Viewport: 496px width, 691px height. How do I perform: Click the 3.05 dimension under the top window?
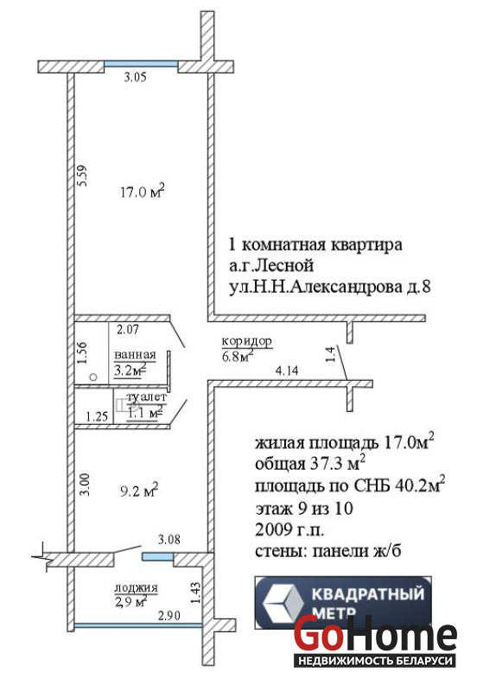pyautogui.click(x=135, y=78)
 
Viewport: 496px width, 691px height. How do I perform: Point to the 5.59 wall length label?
pyautogui.click(x=82, y=175)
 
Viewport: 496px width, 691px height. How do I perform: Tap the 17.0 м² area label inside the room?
pyautogui.click(x=143, y=191)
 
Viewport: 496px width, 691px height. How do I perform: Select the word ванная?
pyautogui.click(x=136, y=354)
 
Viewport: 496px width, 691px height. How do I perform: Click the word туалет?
pyautogui.click(x=147, y=397)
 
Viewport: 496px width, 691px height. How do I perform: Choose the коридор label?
pyautogui.click(x=246, y=340)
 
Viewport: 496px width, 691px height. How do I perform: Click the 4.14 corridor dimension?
pyautogui.click(x=287, y=371)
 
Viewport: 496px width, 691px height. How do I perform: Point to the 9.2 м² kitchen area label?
pyautogui.click(x=139, y=490)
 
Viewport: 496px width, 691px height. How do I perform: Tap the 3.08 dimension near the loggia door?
pyautogui.click(x=169, y=539)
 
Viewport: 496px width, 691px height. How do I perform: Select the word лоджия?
pyautogui.click(x=136, y=587)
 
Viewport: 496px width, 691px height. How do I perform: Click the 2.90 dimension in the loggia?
pyautogui.click(x=169, y=615)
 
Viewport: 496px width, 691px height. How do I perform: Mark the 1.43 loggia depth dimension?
pyautogui.click(x=196, y=593)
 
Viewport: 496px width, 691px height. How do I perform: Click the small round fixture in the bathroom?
pyautogui.click(x=93, y=377)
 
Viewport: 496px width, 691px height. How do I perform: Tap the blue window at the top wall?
pyautogui.click(x=141, y=64)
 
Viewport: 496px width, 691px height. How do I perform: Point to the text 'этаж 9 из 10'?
pyautogui.click(x=304, y=508)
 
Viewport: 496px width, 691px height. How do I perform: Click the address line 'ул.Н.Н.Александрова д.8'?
pyautogui.click(x=330, y=288)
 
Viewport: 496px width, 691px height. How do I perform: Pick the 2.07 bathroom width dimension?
pyautogui.click(x=128, y=329)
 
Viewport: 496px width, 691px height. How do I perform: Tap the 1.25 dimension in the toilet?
pyautogui.click(x=97, y=416)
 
